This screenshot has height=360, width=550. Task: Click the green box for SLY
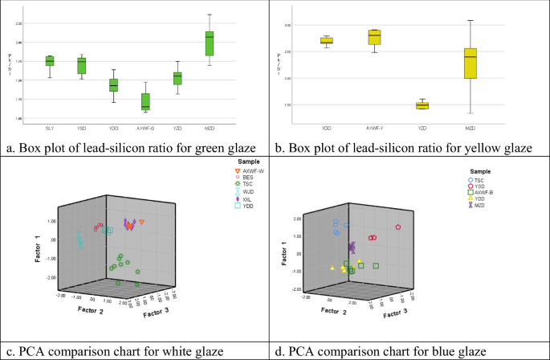click(x=49, y=61)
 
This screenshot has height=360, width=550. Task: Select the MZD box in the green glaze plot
click(x=232, y=43)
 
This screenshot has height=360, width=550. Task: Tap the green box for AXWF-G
click(x=145, y=101)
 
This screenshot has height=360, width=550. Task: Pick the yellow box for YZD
click(x=422, y=105)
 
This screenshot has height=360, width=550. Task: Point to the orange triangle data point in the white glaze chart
click(x=142, y=222)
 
